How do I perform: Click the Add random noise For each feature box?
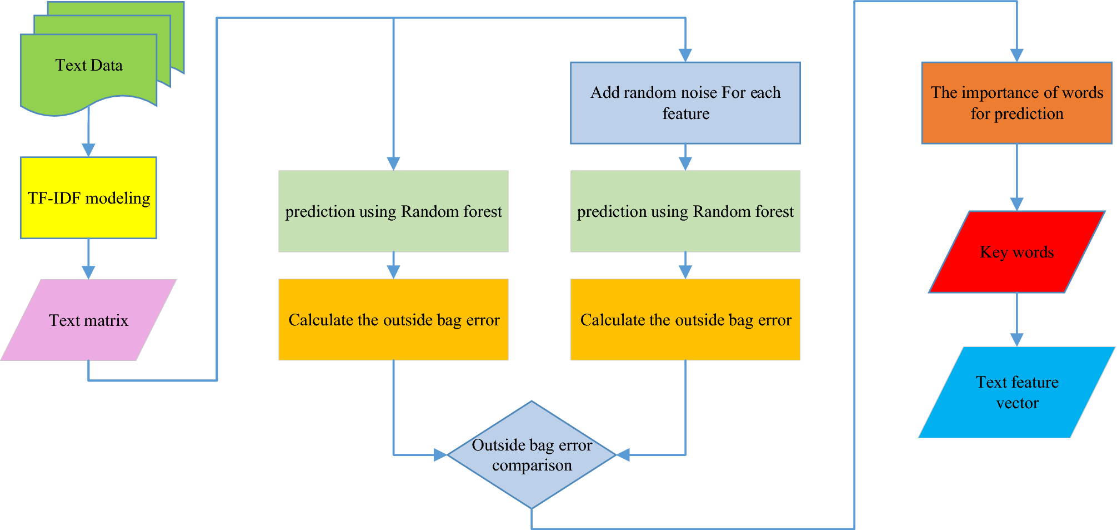[x=685, y=103]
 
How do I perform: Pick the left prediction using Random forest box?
[x=393, y=211]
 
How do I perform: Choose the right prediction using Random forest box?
[x=685, y=211]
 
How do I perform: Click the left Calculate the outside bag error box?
[x=393, y=320]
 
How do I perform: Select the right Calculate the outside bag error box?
[x=685, y=320]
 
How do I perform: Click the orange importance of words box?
[x=1016, y=103]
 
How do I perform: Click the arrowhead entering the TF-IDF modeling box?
[x=88, y=150]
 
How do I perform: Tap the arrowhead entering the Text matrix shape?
[x=88, y=273]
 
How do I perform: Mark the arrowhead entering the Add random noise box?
[x=685, y=55]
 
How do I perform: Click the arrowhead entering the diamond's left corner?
[x=440, y=455]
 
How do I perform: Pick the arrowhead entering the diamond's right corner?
[x=623, y=455]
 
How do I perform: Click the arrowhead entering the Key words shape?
[x=1017, y=204]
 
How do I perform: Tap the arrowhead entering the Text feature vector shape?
[x=1017, y=340]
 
